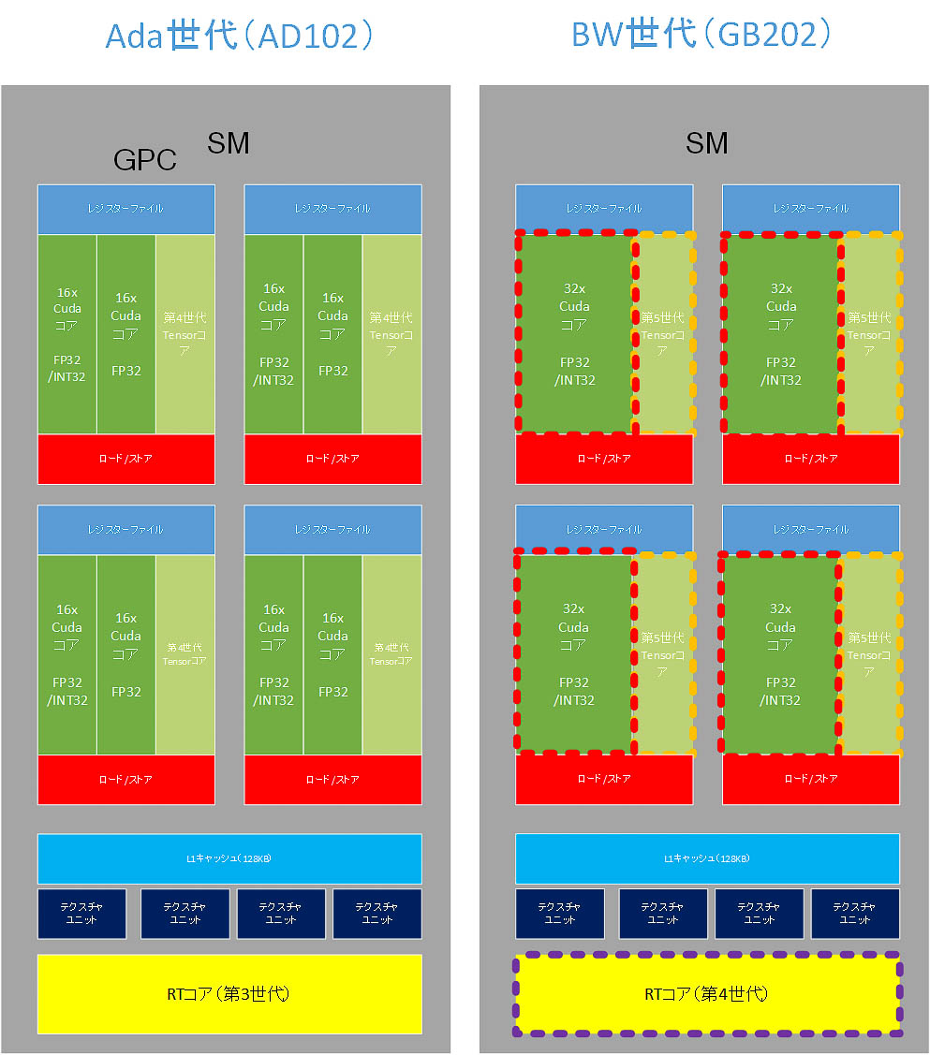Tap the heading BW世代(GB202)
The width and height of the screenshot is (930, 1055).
[702, 35]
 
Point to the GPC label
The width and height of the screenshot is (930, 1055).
[144, 160]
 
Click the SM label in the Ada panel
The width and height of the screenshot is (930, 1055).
[229, 143]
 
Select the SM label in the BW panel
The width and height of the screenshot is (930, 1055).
[707, 143]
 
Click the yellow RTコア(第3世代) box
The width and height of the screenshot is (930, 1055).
[229, 993]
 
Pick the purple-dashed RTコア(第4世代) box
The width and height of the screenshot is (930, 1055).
[707, 993]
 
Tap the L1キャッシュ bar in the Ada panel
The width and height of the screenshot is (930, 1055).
[229, 858]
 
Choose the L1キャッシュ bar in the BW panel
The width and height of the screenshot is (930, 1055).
[707, 858]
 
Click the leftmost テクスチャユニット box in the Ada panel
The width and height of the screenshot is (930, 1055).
[81, 914]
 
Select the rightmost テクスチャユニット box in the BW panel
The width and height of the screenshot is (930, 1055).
[854, 914]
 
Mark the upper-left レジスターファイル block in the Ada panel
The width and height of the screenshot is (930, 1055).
[125, 209]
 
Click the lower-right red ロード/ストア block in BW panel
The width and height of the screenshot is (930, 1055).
[810, 779]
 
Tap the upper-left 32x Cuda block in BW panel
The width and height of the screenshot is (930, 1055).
[574, 333]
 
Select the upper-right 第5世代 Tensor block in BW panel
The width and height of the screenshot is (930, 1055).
[870, 333]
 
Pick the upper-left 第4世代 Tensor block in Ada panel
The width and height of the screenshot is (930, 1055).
[185, 334]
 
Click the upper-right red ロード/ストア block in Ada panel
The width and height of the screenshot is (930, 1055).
[332, 459]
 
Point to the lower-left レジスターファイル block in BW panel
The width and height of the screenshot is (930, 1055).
[604, 529]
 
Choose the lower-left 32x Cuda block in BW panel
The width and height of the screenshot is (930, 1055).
[574, 653]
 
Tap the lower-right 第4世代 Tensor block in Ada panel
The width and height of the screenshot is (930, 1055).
[391, 654]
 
